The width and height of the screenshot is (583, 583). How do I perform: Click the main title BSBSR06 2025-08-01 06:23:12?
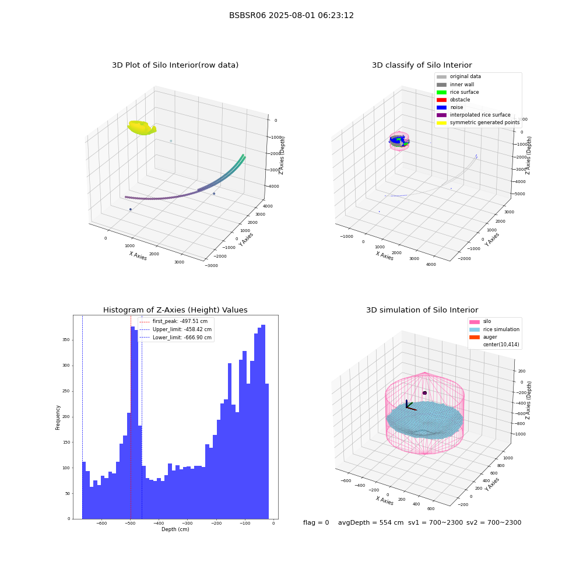click(x=291, y=15)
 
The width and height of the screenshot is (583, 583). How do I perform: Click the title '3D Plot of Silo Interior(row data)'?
click(x=175, y=65)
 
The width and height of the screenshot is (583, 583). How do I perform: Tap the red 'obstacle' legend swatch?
click(x=441, y=100)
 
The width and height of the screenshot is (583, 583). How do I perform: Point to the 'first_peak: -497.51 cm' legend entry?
click(x=173, y=321)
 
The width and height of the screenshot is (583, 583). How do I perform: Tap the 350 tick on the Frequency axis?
click(x=66, y=340)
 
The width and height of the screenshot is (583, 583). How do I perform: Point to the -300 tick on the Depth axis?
click(x=187, y=523)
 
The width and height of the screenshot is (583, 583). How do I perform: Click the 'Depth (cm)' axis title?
click(x=175, y=529)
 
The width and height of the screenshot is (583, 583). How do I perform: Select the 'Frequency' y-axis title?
click(x=58, y=417)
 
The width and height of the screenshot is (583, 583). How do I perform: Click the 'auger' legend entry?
click(x=490, y=337)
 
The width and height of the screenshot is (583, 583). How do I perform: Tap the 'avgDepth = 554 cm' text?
click(x=371, y=522)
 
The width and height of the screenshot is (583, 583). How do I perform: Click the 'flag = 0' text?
click(x=316, y=522)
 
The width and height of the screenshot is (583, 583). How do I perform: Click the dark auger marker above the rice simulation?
click(x=424, y=392)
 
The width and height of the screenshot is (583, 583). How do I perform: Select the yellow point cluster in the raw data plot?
click(x=142, y=128)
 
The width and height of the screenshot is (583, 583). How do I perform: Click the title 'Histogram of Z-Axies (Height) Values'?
click(x=175, y=310)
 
